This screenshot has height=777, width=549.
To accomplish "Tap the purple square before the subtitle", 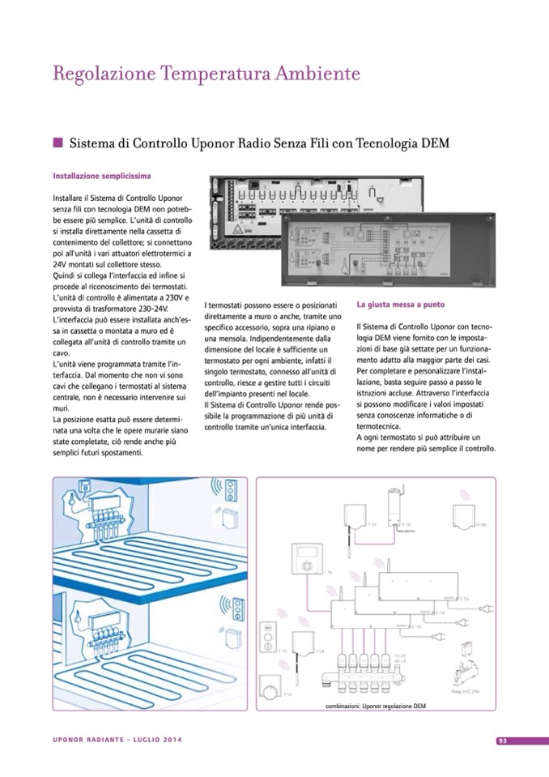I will [x=57, y=143].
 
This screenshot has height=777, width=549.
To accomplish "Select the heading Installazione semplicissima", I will [x=103, y=175].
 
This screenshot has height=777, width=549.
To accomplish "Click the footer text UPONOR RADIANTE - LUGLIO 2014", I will [x=117, y=741].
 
